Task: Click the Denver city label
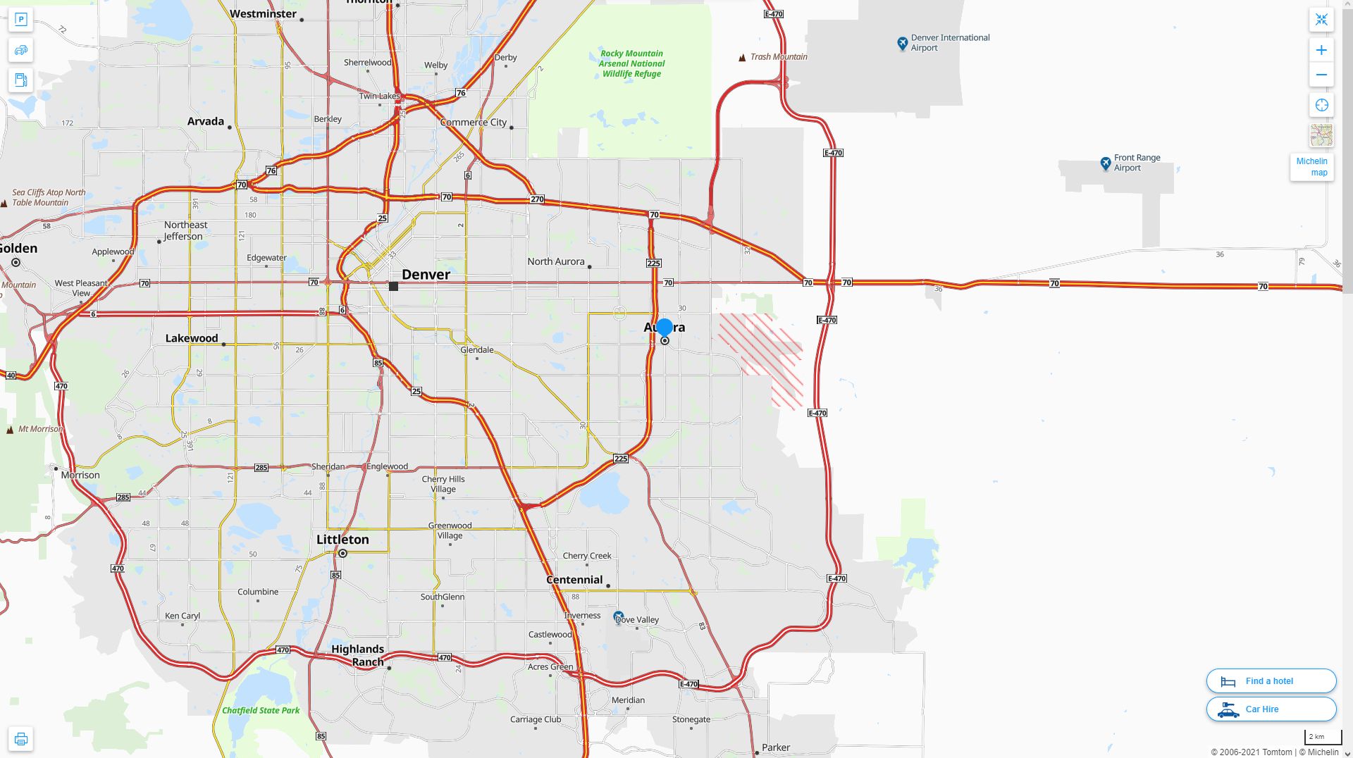(426, 275)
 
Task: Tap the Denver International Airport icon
(902, 44)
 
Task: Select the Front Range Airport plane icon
(1106, 163)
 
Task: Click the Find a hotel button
(1271, 681)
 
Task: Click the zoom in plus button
(1321, 50)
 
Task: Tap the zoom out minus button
(1321, 75)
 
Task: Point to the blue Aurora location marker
(664, 328)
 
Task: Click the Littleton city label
(342, 540)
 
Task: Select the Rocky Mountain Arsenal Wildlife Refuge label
(631, 63)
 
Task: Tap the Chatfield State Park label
(261, 710)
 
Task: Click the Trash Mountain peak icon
(742, 58)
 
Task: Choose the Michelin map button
(1311, 167)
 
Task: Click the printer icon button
(20, 739)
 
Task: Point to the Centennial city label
(574, 580)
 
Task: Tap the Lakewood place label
(192, 338)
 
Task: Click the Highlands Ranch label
(358, 655)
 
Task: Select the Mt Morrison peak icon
(10, 430)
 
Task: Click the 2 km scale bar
(1323, 738)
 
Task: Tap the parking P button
(20, 20)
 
